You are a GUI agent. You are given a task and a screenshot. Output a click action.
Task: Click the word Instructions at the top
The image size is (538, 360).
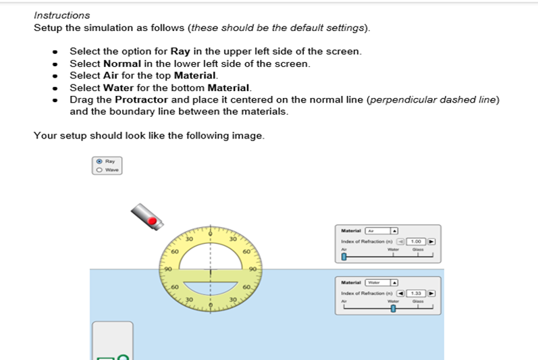(x=61, y=15)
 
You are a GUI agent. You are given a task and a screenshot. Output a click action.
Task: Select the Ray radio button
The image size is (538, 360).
(x=100, y=161)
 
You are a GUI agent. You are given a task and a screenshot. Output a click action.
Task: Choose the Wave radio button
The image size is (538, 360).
(x=100, y=170)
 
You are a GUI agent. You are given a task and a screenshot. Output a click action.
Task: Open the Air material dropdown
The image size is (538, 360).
(x=381, y=230)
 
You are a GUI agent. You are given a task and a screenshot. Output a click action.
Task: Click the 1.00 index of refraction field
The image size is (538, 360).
(x=416, y=241)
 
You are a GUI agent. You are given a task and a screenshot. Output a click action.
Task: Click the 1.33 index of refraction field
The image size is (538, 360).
(x=416, y=293)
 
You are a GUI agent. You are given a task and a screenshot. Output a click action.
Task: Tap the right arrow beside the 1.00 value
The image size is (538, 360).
(x=431, y=241)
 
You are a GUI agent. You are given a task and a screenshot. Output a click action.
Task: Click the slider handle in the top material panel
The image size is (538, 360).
(x=344, y=257)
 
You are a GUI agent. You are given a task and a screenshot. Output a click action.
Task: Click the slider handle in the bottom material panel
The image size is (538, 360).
(x=393, y=309)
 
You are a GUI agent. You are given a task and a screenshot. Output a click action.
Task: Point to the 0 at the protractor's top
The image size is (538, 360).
(x=211, y=234)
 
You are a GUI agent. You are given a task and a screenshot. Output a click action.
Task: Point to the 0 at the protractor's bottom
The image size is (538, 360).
(x=211, y=305)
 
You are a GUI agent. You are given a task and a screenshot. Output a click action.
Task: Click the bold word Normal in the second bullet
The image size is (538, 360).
(x=122, y=63)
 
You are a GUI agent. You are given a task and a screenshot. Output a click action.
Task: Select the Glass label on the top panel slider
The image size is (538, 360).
(x=419, y=249)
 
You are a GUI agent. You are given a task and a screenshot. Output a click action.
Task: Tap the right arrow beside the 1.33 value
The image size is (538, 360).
(x=431, y=293)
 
